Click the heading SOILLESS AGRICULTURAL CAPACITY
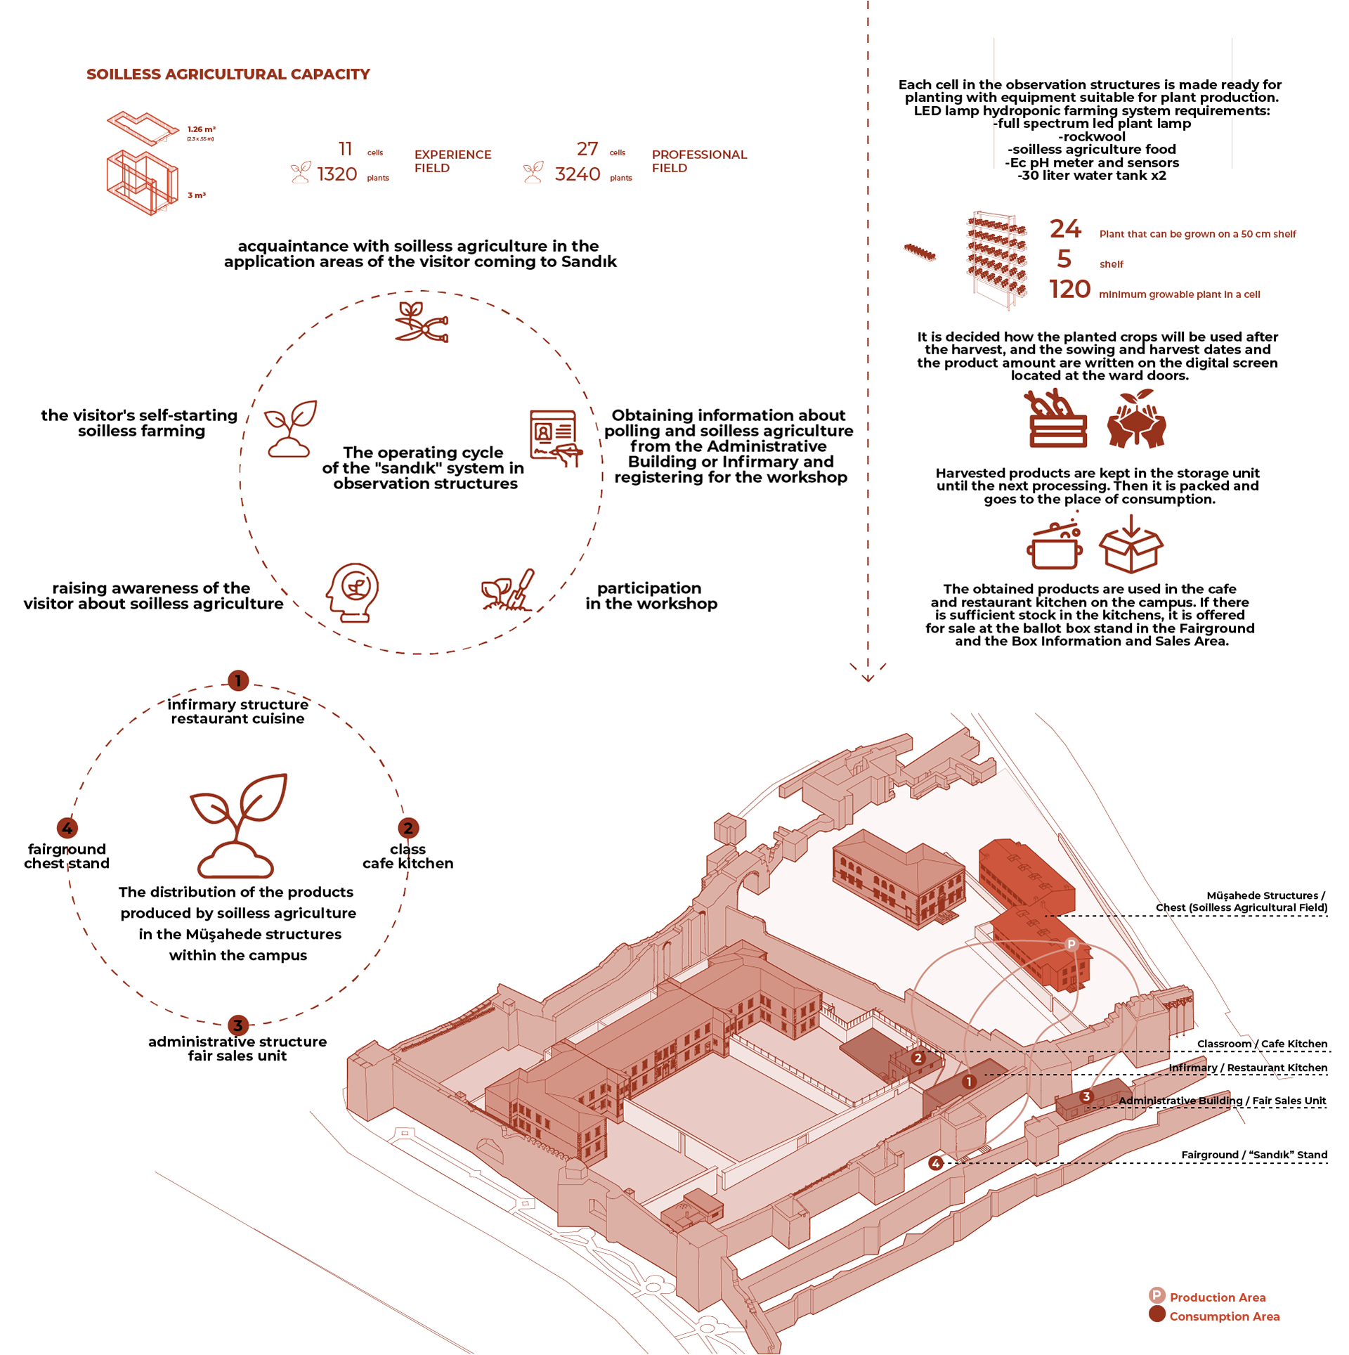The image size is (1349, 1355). coord(228,74)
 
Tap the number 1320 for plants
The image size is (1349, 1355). coord(337,174)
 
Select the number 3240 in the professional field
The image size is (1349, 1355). coord(577,174)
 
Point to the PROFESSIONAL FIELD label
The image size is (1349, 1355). coord(698,161)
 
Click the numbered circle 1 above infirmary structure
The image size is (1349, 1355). coord(238,680)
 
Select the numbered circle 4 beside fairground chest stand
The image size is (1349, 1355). coord(67,828)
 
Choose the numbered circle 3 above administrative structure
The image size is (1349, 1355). coord(237,1025)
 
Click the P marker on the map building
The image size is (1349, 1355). coord(1071,944)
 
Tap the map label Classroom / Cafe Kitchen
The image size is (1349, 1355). coord(1262,1044)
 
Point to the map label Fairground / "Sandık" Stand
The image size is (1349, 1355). coord(1253,1155)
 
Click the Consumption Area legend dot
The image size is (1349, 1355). coord(1156,1314)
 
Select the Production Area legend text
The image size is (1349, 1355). coord(1217,1297)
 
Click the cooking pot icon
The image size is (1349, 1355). coord(1054,546)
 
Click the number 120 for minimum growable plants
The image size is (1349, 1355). coord(1069,290)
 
